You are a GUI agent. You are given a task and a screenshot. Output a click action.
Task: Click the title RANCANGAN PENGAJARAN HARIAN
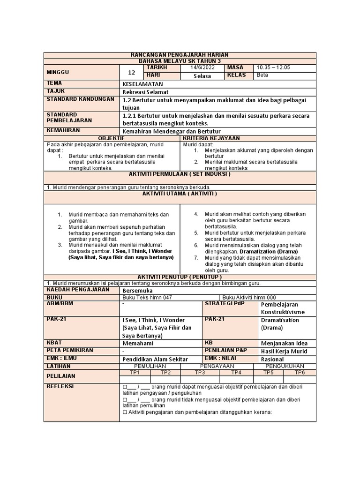180,55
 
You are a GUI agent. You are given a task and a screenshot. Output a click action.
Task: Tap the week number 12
131,72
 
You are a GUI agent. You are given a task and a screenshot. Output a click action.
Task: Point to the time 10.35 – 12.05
273,68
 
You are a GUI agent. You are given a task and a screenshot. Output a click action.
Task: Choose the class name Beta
262,75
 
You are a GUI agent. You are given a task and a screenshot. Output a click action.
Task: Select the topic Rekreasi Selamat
145,91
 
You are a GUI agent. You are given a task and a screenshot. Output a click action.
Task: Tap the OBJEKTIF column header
111,138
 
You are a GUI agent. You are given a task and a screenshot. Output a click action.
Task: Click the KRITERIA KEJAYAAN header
211,138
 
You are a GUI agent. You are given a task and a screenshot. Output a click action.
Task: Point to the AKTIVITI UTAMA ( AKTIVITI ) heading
180,194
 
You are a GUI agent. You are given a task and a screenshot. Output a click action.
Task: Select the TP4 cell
236,372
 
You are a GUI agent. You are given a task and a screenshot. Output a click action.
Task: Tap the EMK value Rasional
272,359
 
